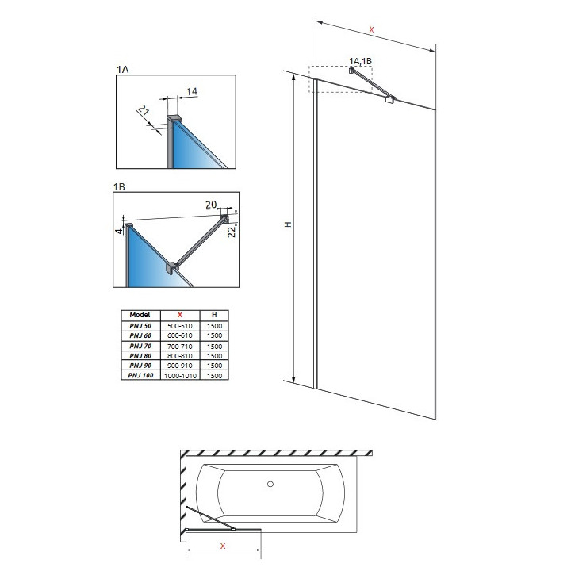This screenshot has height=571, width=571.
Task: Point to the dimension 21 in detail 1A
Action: point(144,113)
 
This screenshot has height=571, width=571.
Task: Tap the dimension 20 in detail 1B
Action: point(212,205)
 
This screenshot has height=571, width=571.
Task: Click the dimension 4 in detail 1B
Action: point(118,230)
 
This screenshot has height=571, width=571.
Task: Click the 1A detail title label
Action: point(121,70)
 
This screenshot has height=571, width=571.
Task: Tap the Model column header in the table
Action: point(140,315)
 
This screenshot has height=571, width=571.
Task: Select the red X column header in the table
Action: point(180,315)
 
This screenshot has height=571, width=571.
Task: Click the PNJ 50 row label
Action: point(140,326)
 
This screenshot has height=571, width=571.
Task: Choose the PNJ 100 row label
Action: point(140,375)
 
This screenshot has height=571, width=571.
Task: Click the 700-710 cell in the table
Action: point(180,346)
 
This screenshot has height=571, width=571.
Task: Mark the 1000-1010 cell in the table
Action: point(180,375)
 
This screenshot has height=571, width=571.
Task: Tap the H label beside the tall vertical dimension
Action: point(289,225)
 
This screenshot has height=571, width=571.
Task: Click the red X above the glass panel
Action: point(372,29)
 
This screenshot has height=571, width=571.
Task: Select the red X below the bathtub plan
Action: point(222,546)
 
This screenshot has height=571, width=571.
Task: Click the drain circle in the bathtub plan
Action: point(270,484)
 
